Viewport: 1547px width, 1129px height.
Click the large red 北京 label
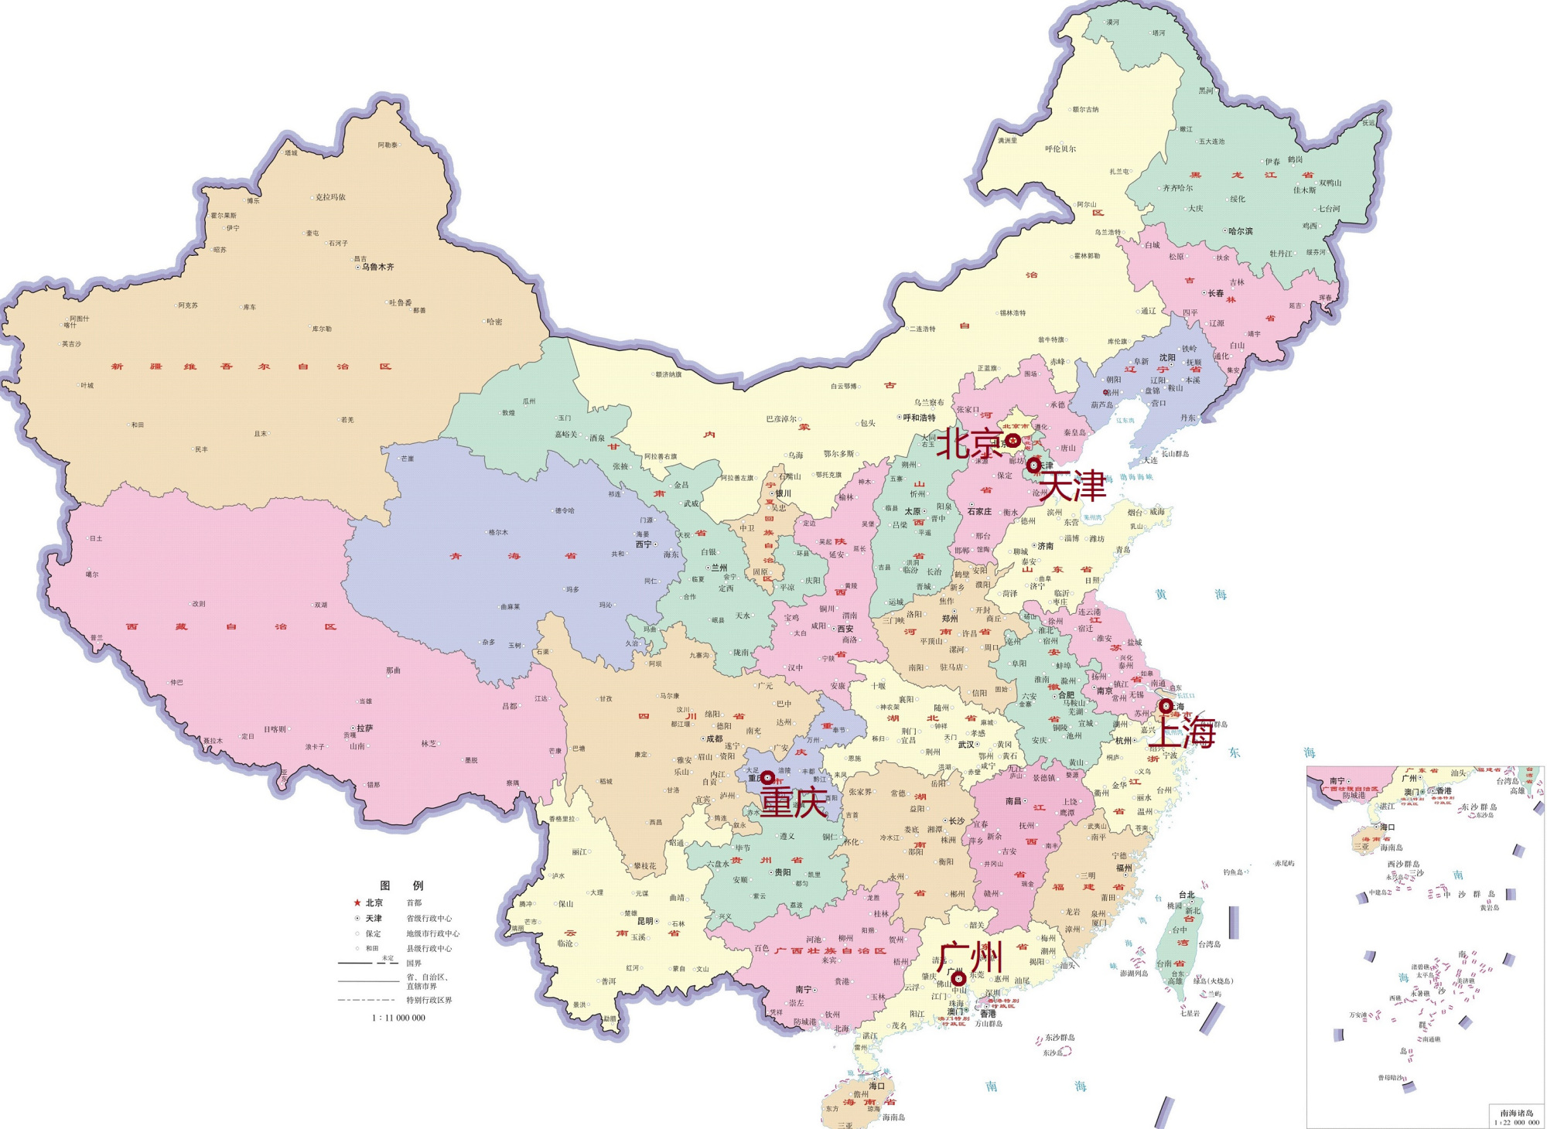point(969,443)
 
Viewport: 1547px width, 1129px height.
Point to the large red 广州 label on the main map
point(970,957)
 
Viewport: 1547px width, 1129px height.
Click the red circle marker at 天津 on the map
point(1033,466)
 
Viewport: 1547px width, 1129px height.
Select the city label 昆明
point(645,921)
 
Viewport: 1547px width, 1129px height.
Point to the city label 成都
point(714,738)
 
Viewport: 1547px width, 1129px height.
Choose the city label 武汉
point(966,745)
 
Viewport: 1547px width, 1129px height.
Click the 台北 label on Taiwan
point(1187,895)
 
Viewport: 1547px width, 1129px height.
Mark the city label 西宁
point(644,544)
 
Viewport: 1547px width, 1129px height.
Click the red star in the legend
point(357,902)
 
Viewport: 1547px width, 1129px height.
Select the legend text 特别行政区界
point(429,1000)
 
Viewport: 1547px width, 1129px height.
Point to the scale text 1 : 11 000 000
point(399,1018)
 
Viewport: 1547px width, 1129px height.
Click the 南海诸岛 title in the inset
point(1516,1113)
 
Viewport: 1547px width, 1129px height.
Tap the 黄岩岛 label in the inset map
point(1489,908)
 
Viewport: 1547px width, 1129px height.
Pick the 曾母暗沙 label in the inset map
point(1389,1077)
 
